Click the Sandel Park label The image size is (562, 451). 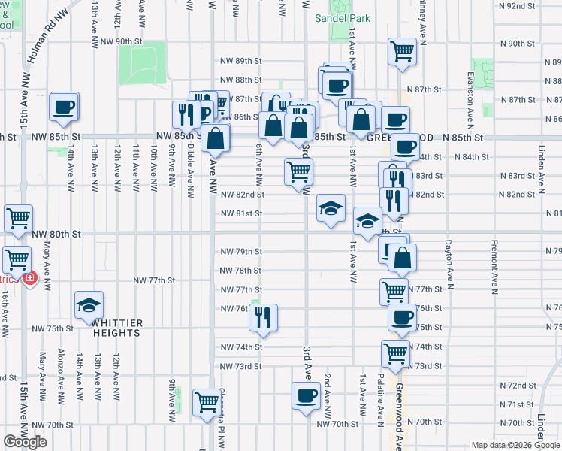(x=332, y=17)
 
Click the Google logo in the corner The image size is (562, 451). (x=25, y=442)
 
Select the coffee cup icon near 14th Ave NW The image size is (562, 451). (x=64, y=107)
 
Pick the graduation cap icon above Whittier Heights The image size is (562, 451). (x=89, y=304)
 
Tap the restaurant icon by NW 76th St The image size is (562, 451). (x=264, y=317)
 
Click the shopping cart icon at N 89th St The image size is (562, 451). (x=402, y=51)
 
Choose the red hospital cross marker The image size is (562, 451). (x=29, y=278)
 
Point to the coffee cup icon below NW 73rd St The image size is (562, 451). (x=305, y=395)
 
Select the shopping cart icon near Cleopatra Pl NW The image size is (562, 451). (x=206, y=401)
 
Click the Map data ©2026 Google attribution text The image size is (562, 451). (x=514, y=445)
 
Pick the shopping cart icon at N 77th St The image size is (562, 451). (x=394, y=291)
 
